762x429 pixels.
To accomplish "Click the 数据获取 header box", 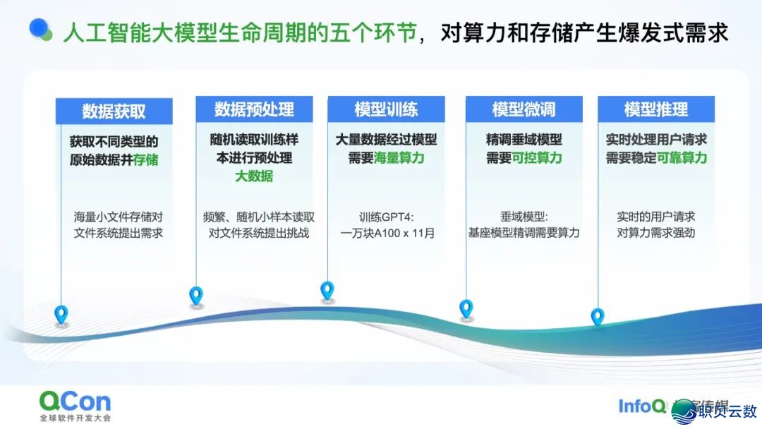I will pyautogui.click(x=114, y=111).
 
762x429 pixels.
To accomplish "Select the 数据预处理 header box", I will pyautogui.click(x=254, y=109).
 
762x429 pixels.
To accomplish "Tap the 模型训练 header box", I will pyautogui.click(x=386, y=109).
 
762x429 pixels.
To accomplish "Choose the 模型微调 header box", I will pyautogui.click(x=524, y=109).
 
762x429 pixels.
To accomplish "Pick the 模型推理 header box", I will pyautogui.click(x=655, y=109).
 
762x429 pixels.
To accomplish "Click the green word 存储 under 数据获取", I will pyautogui.click(x=146, y=159).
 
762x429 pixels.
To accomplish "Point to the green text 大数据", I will pyautogui.click(x=254, y=176).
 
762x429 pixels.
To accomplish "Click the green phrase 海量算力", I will pyautogui.click(x=399, y=158).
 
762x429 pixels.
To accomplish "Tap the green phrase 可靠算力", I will pyautogui.click(x=682, y=158).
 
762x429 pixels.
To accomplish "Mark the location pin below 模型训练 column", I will pyautogui.click(x=327, y=290).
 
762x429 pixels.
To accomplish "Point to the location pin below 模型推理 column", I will pyautogui.click(x=598, y=317).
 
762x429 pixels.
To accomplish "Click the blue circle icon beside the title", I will pyautogui.click(x=41, y=30).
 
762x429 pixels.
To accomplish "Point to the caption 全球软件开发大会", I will pyautogui.click(x=75, y=418).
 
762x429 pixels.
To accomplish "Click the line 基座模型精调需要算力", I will pyautogui.click(x=524, y=232).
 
